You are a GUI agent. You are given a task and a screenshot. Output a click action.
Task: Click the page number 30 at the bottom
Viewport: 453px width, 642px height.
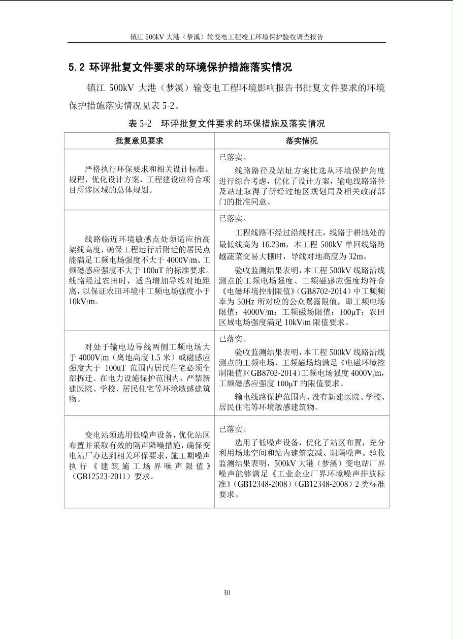(226, 593)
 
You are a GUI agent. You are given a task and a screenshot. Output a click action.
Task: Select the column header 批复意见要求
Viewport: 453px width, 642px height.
(139, 141)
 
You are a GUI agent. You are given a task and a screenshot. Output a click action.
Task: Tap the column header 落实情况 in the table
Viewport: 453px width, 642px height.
(302, 141)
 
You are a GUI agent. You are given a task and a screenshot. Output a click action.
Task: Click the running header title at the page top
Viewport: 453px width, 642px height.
(226, 37)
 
